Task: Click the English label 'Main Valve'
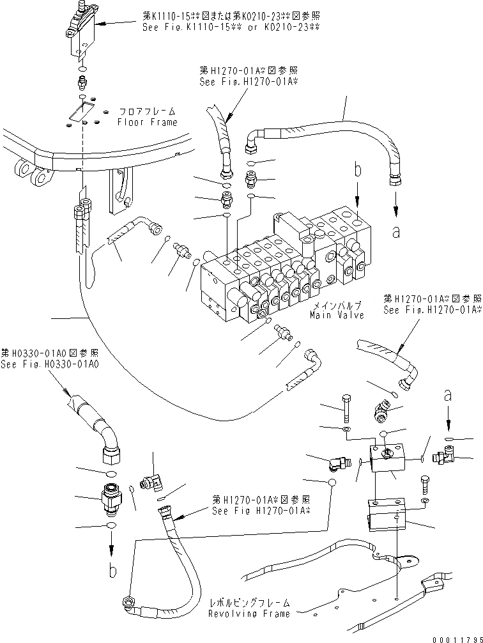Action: (337, 315)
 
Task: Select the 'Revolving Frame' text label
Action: (249, 614)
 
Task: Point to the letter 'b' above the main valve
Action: (358, 171)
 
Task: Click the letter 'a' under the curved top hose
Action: (397, 233)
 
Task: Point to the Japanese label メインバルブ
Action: (336, 306)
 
